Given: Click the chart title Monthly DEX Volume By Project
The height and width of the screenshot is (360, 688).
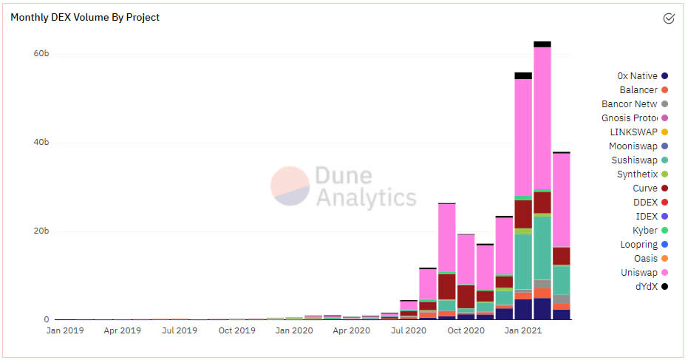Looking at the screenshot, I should tap(85, 17).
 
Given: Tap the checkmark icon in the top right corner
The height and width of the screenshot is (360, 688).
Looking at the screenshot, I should tap(669, 18).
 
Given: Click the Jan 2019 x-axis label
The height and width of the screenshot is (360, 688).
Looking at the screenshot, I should tap(64, 331).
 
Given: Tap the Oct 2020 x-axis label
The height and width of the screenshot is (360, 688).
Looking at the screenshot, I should tap(466, 331).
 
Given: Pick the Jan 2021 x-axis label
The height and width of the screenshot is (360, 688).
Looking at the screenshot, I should tap(523, 331).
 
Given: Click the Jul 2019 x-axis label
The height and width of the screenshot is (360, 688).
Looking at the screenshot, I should tap(179, 331).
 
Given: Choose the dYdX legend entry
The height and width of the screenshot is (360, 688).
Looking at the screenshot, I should tap(647, 287).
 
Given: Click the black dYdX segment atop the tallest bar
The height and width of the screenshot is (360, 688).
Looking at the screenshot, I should tap(542, 44).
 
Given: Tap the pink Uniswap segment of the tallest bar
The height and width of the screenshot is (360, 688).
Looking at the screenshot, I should tap(542, 118).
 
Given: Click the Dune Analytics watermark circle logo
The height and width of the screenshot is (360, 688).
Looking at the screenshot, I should tap(290, 186).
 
